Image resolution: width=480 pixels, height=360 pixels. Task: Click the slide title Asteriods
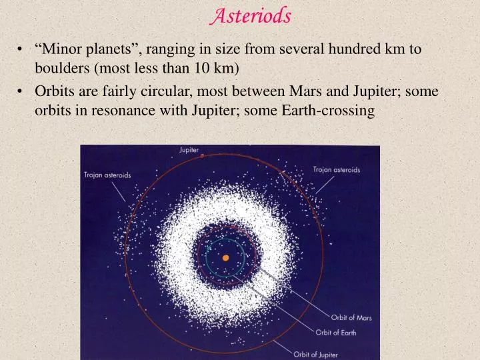(x=251, y=15)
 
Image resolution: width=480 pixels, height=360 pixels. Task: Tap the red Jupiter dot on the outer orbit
(x=202, y=155)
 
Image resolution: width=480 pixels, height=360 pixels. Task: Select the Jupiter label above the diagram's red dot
(x=189, y=149)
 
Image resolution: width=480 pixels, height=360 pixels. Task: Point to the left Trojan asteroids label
(x=107, y=175)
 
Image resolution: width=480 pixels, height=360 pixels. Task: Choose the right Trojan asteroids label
(x=337, y=169)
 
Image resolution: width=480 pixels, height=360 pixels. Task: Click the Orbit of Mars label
(x=351, y=318)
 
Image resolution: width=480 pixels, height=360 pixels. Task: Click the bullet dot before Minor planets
(x=23, y=49)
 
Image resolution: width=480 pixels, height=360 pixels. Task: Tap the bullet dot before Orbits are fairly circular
(x=23, y=91)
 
